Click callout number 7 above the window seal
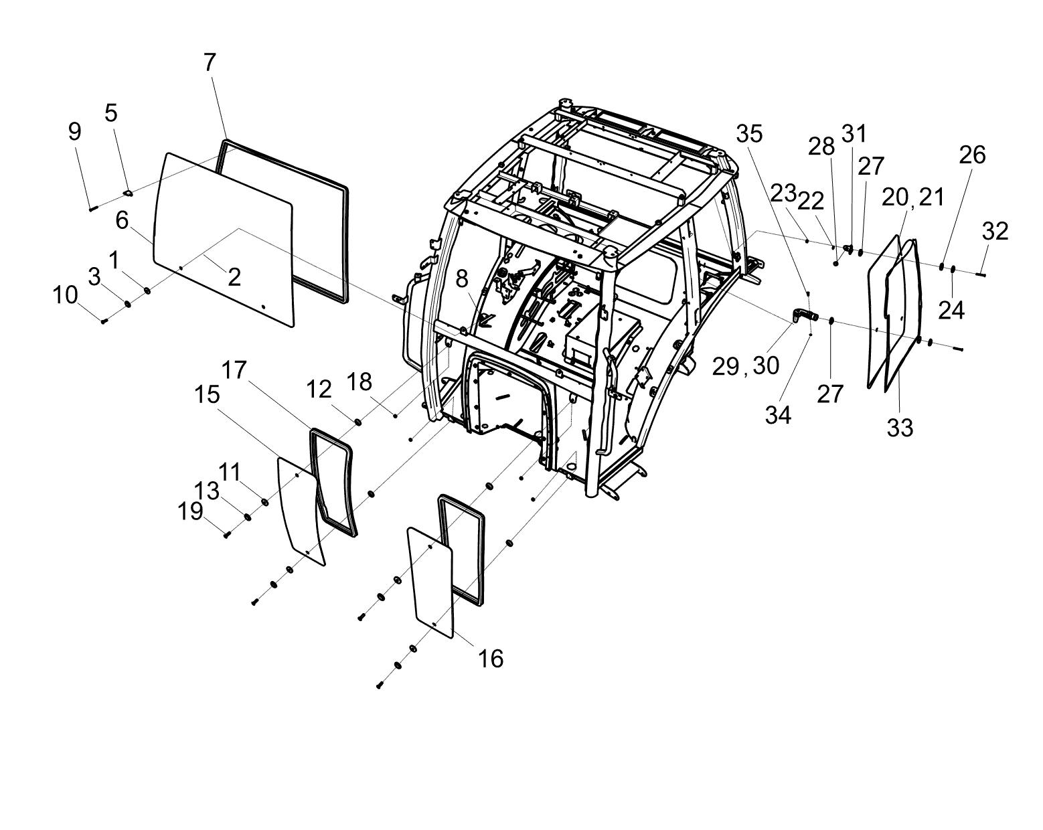point(210,63)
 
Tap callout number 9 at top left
point(74,131)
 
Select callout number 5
point(111,113)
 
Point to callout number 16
point(491,659)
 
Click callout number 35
point(749,134)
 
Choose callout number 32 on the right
point(995,231)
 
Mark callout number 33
point(900,428)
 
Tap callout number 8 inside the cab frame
point(462,279)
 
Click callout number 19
point(190,511)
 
